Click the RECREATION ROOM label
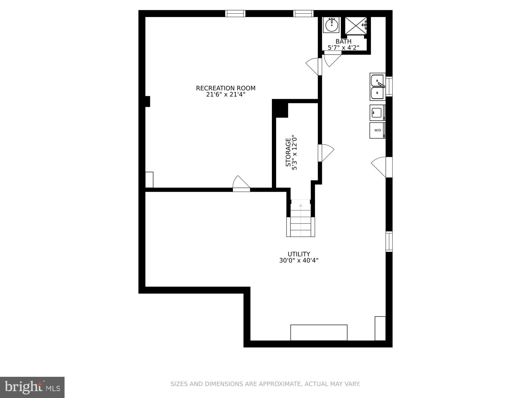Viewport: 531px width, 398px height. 226,88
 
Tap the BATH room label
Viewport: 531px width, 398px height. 343,42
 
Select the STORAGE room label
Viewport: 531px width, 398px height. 288,152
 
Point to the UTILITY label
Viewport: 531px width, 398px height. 299,254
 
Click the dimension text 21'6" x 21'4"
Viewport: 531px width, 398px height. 226,95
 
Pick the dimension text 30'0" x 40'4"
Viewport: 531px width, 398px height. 299,260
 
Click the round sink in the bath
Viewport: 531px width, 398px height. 331,24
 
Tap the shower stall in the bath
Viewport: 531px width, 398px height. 356,25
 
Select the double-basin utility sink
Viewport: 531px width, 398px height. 377,87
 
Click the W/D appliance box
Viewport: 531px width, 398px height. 377,130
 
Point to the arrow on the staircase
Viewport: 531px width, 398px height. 301,205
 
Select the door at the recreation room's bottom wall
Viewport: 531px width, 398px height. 241,184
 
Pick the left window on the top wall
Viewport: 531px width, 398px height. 235,13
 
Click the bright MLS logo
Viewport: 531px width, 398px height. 32,387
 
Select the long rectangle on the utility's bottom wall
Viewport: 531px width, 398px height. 319,332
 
